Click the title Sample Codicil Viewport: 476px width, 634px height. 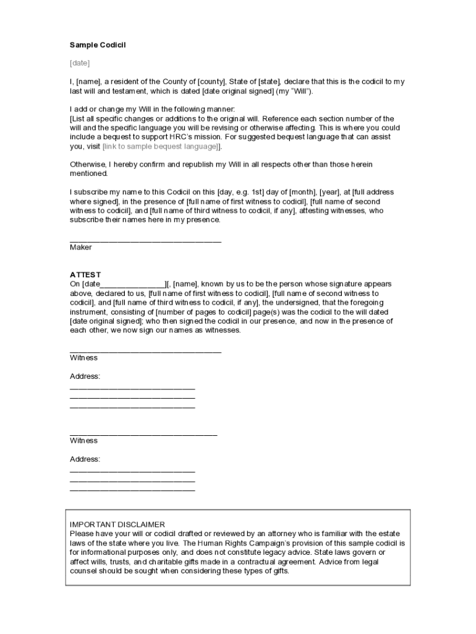[x=98, y=45]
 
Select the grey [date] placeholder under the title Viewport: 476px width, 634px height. [x=80, y=63]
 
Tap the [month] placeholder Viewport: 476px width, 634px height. [x=299, y=193]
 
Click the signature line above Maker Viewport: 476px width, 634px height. [x=145, y=240]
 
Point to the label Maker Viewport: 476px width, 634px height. [x=81, y=248]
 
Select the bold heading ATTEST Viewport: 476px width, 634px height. [x=85, y=275]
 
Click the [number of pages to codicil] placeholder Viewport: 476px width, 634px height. [x=201, y=312]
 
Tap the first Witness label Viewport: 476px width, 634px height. [x=83, y=358]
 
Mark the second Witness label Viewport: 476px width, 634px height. [x=83, y=441]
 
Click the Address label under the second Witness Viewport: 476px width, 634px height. [x=85, y=459]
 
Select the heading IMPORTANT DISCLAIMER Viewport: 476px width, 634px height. [x=117, y=524]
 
